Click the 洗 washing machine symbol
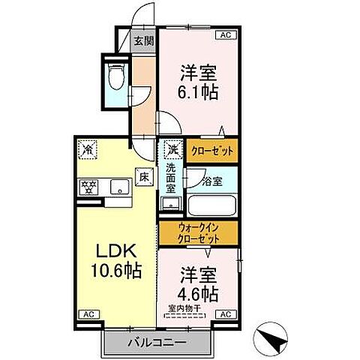tap(172, 148)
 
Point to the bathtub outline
tap(211, 205)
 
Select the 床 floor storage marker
tap(142, 177)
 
